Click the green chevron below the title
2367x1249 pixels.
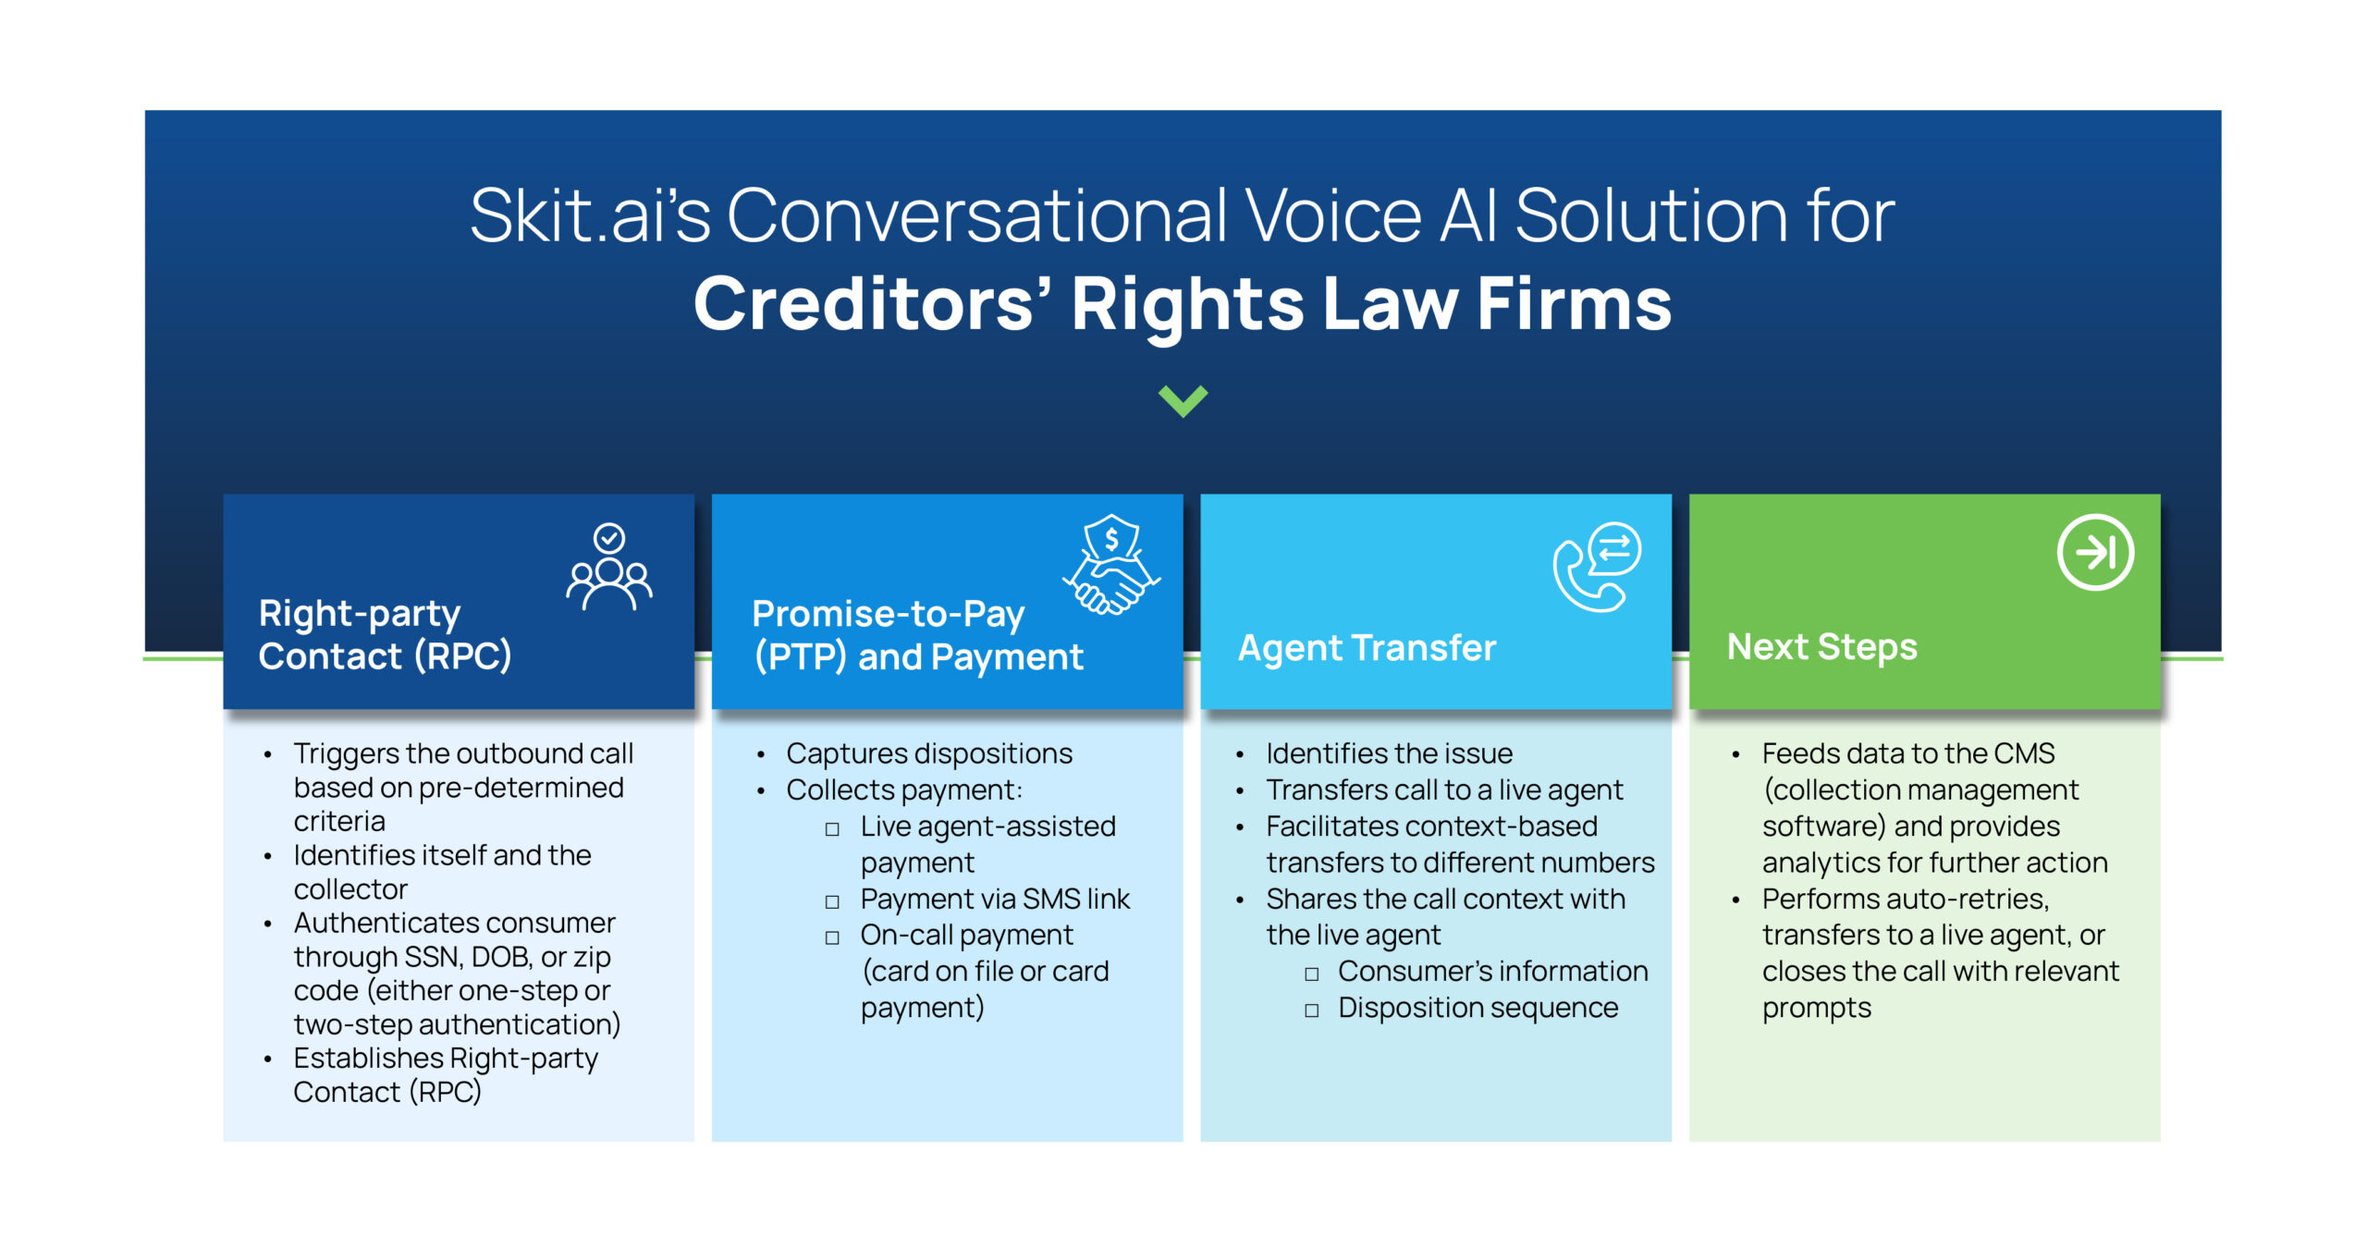[1183, 401]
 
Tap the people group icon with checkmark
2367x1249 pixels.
[609, 568]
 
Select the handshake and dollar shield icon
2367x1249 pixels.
[1111, 564]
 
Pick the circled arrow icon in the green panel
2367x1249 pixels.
[2095, 552]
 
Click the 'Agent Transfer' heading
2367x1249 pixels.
[1367, 648]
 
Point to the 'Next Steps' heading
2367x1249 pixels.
[1821, 647]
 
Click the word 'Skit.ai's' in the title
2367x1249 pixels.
[590, 215]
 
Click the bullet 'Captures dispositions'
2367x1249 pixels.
[929, 753]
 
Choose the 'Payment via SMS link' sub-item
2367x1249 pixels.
[995, 899]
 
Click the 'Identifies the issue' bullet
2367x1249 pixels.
[1389, 753]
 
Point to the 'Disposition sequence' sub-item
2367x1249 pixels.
[1478, 1008]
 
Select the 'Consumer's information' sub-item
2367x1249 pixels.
[1492, 971]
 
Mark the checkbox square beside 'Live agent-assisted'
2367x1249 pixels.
[832, 829]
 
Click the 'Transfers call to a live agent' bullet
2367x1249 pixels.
[1444, 790]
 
